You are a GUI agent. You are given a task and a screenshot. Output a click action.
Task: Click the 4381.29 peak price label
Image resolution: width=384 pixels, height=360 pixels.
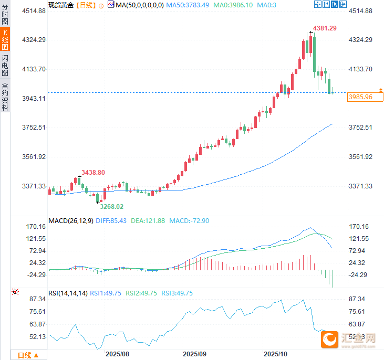(x=325, y=28)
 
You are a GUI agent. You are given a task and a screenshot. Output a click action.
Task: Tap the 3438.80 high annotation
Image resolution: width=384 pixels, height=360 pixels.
(x=92, y=172)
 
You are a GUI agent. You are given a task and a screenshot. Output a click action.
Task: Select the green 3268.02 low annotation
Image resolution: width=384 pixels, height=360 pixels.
(x=111, y=206)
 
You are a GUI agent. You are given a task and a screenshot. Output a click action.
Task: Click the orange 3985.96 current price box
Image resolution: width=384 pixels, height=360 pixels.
(x=360, y=97)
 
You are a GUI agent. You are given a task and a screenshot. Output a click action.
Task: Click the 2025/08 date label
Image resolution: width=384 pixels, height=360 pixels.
(x=117, y=354)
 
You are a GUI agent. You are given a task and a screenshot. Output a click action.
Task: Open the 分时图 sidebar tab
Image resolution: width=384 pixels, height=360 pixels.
(x=5, y=14)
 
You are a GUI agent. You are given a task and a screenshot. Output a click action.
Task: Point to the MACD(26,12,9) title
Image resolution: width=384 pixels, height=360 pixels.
(x=71, y=221)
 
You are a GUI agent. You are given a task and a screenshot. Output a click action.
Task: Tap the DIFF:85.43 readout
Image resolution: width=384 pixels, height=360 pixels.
(x=112, y=221)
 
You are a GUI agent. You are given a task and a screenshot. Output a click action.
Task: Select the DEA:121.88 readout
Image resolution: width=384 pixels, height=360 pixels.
(x=148, y=221)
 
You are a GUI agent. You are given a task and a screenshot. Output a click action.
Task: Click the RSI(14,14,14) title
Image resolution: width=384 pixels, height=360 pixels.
(x=68, y=293)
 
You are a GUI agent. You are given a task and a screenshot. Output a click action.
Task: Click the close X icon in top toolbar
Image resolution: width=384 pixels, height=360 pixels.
(x=343, y=4)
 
